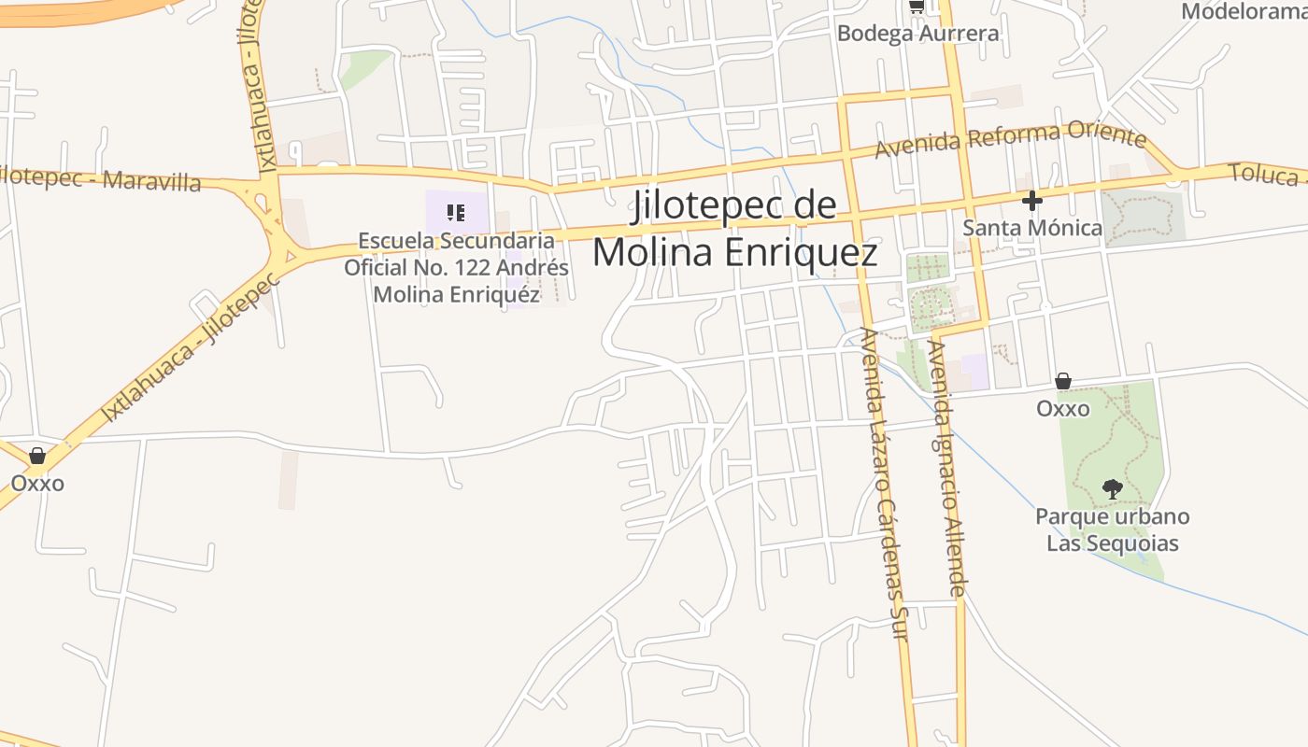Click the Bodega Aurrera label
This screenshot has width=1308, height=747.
[x=917, y=34]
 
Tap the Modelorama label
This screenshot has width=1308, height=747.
[x=1244, y=11]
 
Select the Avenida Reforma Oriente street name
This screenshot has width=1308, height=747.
[x=1010, y=140]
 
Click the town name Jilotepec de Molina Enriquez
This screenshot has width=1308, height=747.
[x=735, y=229]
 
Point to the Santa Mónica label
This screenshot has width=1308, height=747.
[x=1032, y=227]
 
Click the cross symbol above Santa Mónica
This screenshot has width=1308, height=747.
[x=1031, y=200]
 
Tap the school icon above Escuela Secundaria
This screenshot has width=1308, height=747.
[x=456, y=212]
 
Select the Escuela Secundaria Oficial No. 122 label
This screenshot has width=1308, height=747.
[x=456, y=267]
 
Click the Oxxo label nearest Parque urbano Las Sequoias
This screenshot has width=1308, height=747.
[x=1063, y=408]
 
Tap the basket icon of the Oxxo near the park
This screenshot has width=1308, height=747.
[x=1063, y=381]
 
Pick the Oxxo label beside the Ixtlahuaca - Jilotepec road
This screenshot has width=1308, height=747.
[x=37, y=483]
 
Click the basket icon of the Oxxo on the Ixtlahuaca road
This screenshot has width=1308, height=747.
[x=37, y=456]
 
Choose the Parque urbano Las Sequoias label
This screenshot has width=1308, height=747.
[x=1112, y=529]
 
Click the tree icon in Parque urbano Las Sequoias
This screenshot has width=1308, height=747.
[x=1112, y=487]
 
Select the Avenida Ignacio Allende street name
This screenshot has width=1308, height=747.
[x=945, y=467]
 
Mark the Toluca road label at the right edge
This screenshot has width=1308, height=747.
[x=1266, y=174]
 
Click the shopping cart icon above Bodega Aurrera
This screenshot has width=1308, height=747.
[x=917, y=6]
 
